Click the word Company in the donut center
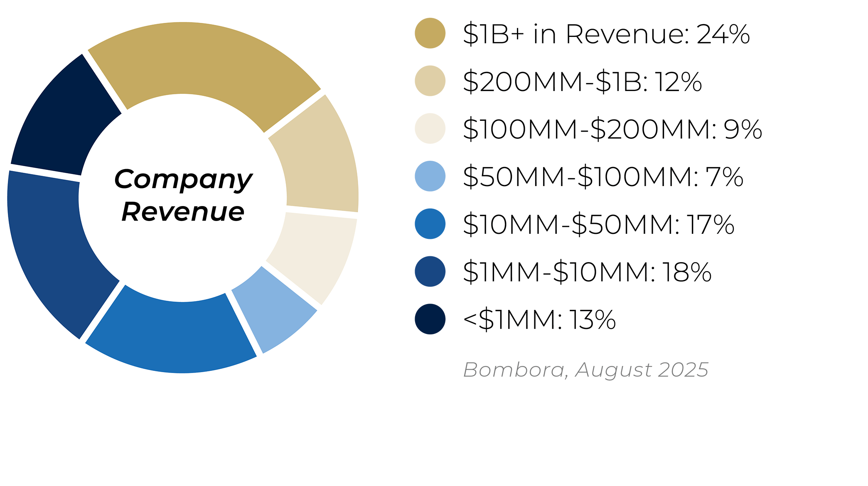[x=183, y=179]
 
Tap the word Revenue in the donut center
[x=183, y=212]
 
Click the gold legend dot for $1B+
[x=430, y=33]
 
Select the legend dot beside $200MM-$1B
[x=430, y=81]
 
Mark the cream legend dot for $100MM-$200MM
[x=430, y=128]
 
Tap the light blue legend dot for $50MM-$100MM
[x=430, y=176]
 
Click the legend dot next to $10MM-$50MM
[x=430, y=224]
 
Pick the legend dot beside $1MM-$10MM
[x=430, y=271]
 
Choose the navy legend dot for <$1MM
[x=430, y=319]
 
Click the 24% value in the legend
[x=723, y=34]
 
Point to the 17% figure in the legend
[x=710, y=225]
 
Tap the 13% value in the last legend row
[x=592, y=320]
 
